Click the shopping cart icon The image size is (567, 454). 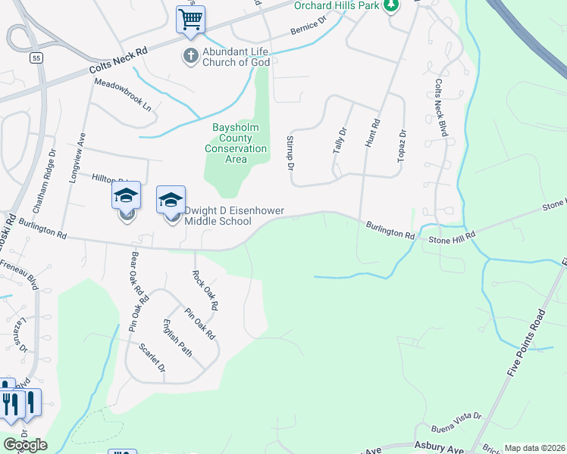(191, 19)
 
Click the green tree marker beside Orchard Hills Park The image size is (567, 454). (390, 5)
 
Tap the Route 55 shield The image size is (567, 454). (36, 58)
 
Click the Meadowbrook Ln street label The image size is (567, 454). (123, 96)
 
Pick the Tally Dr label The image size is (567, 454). (339, 141)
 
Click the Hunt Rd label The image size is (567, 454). (371, 132)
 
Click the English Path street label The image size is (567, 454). (177, 339)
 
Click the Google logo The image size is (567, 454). (24, 445)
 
